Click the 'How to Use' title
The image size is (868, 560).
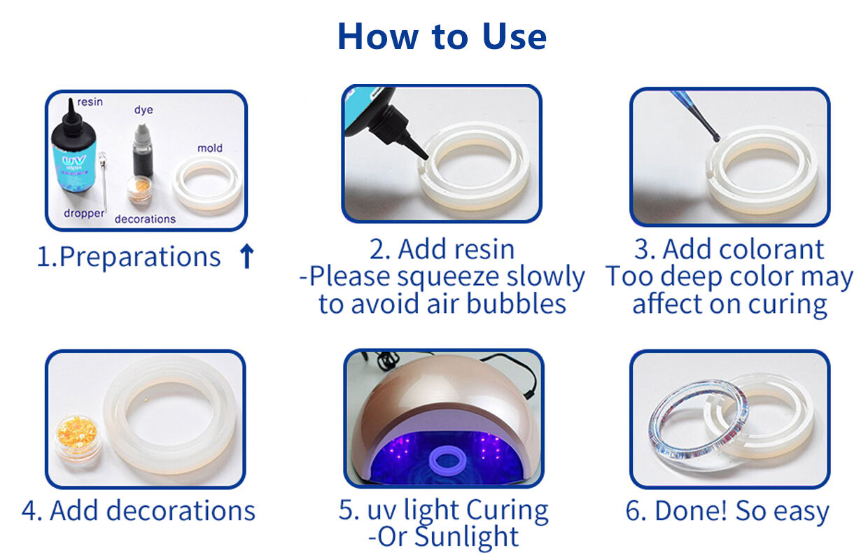pos(442,36)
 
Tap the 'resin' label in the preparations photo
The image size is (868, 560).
pos(90,102)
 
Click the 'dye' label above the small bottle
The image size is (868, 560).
pos(143,110)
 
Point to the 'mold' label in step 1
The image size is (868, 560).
pos(209,148)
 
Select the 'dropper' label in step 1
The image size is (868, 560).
pos(84,213)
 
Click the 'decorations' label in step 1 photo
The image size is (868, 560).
pos(145,219)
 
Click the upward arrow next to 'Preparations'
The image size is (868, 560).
pos(246,257)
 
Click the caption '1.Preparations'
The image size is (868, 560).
pos(129,257)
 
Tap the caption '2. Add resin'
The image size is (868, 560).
pos(442,249)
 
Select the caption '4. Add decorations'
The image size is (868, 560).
pos(139,510)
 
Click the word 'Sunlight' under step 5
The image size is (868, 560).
pos(466,537)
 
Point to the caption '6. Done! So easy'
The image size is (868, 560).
pos(727,511)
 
